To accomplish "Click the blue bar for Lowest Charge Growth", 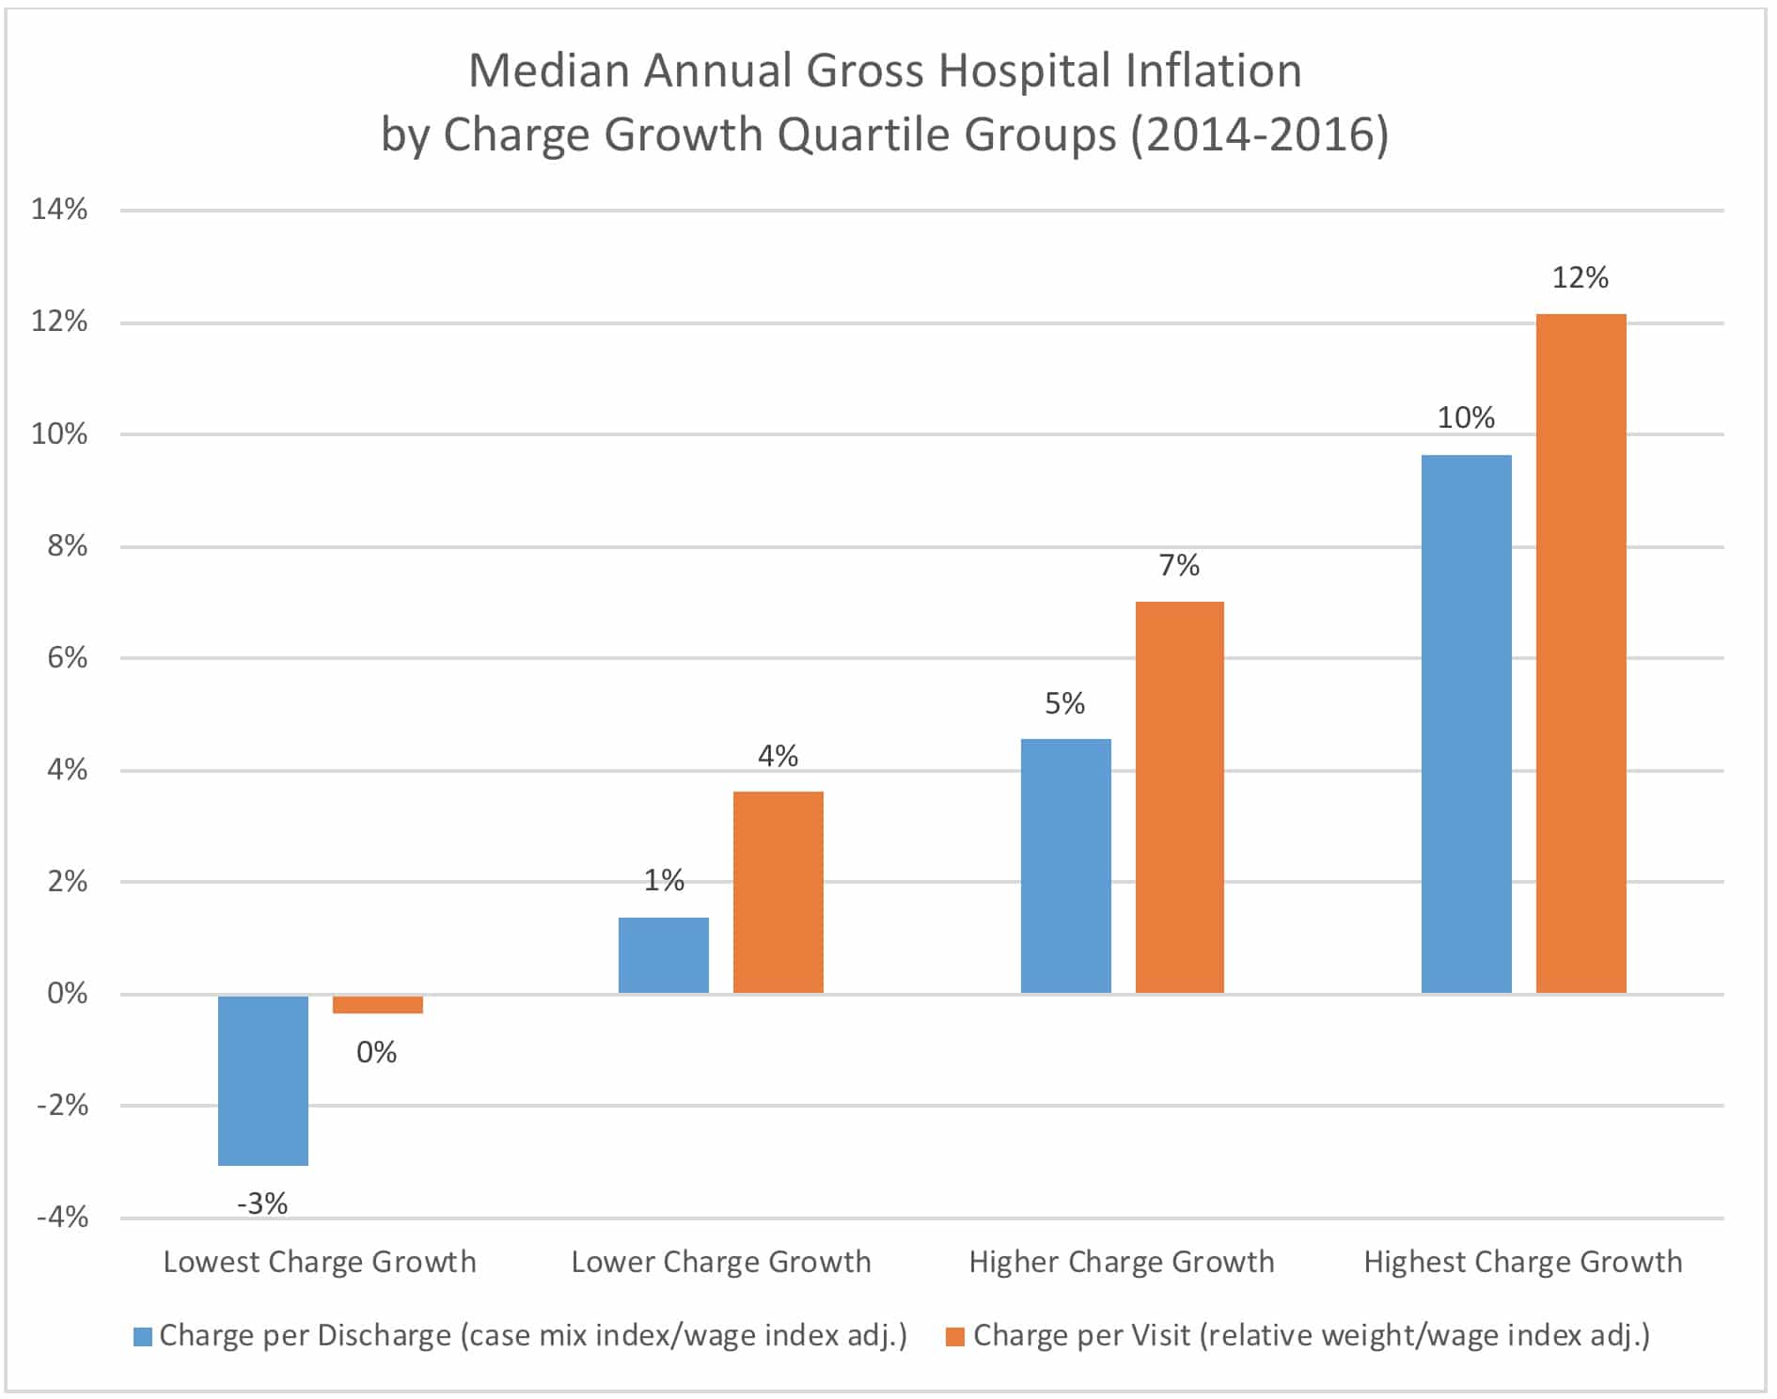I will click(x=262, y=1079).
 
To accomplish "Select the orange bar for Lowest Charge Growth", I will click(x=377, y=1003).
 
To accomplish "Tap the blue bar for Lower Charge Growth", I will click(x=663, y=954).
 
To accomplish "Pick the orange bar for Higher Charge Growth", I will click(x=1179, y=796).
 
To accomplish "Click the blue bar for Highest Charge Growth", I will click(x=1466, y=723).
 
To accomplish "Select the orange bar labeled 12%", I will click(x=1580, y=652).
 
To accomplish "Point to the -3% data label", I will click(x=262, y=1203).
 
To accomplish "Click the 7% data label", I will click(x=1179, y=565).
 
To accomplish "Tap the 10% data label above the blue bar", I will click(x=1466, y=417).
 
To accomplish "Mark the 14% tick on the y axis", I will click(x=59, y=209).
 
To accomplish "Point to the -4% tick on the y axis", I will click(x=62, y=1218).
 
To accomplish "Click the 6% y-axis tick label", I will click(x=67, y=657).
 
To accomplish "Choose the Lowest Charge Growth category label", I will click(x=320, y=1262).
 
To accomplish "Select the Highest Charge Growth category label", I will click(x=1522, y=1262).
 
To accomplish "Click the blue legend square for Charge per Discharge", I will click(x=143, y=1336).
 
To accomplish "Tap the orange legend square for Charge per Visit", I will click(x=955, y=1336).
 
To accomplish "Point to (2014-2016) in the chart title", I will click(x=1259, y=134).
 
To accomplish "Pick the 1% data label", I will click(x=663, y=880).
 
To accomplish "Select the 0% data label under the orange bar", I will click(x=376, y=1052).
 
